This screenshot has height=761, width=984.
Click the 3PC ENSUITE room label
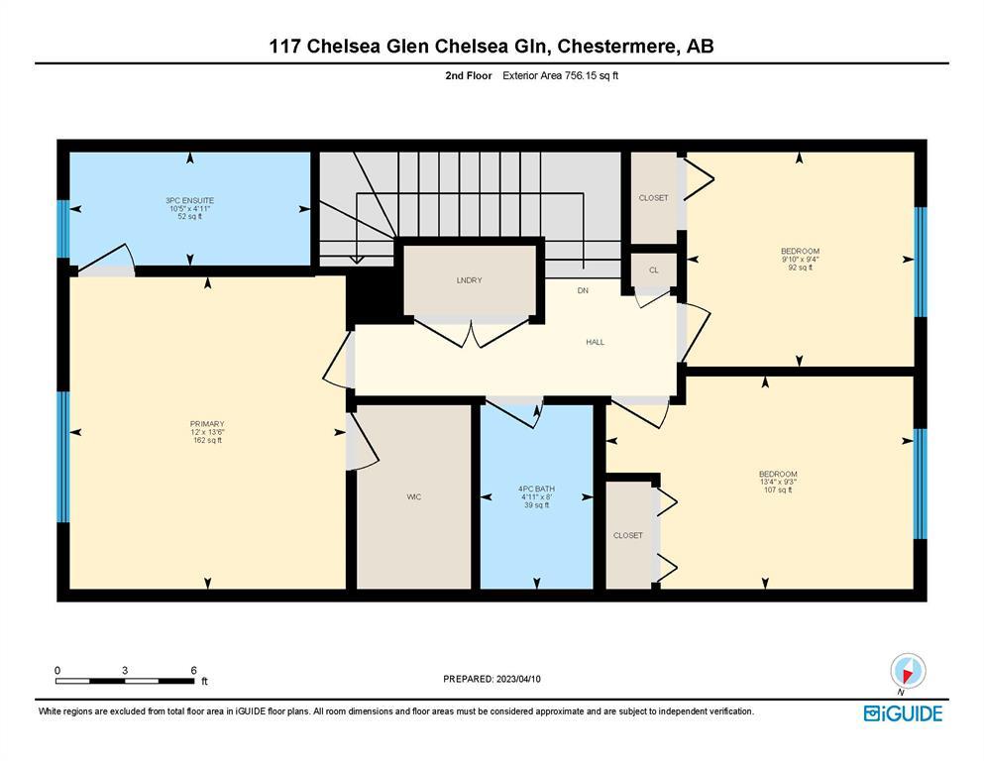pyautogui.click(x=190, y=201)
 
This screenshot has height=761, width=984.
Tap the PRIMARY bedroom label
pyautogui.click(x=208, y=424)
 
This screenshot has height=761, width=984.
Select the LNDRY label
pyautogui.click(x=470, y=280)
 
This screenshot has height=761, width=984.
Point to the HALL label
pyautogui.click(x=595, y=342)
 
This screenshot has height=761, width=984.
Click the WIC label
pyautogui.click(x=413, y=496)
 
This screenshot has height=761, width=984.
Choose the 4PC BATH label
pyautogui.click(x=536, y=489)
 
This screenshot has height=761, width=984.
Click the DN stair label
pyautogui.click(x=583, y=290)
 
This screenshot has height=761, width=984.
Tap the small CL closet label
pyautogui.click(x=654, y=271)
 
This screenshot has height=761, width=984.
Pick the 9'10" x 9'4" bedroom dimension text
pyautogui.click(x=800, y=259)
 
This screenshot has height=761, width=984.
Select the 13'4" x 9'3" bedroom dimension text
pyautogui.click(x=778, y=482)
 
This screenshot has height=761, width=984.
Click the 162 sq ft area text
pyautogui.click(x=208, y=440)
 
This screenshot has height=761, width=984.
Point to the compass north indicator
pyautogui.click(x=908, y=673)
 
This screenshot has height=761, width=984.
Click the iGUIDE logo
pyautogui.click(x=903, y=714)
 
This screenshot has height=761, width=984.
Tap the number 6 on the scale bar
pyautogui.click(x=194, y=670)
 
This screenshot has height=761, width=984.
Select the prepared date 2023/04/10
pyautogui.click(x=518, y=679)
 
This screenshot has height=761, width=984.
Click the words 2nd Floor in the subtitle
pyautogui.click(x=469, y=76)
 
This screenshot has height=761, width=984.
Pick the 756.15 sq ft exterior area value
pyautogui.click(x=592, y=76)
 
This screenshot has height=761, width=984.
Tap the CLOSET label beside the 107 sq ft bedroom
pyautogui.click(x=628, y=535)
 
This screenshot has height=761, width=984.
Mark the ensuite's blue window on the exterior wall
pyautogui.click(x=62, y=229)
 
